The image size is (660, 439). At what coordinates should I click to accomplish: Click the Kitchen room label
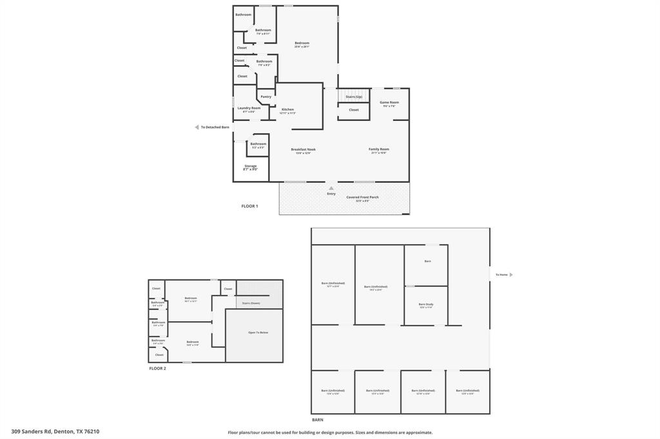[x=287, y=109]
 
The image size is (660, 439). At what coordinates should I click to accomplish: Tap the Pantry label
[x=266, y=97]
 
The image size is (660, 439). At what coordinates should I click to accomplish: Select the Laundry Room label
[x=249, y=108]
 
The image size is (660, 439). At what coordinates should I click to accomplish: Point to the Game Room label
[x=389, y=102]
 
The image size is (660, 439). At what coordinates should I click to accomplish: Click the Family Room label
[x=379, y=149]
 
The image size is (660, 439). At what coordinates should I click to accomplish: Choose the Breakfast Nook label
[x=303, y=149]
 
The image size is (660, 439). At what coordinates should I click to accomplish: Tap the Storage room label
[x=250, y=167]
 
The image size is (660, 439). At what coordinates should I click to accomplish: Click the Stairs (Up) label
[x=354, y=97]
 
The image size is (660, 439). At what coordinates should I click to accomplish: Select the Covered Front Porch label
[x=362, y=198]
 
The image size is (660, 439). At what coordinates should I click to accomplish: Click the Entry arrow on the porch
[x=331, y=189]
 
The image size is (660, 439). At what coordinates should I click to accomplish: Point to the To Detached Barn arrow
[x=197, y=127]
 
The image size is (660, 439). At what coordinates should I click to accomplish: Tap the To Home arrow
[x=511, y=275]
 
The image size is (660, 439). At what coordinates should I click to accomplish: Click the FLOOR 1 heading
[x=249, y=206]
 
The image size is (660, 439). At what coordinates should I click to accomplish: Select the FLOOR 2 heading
[x=157, y=368]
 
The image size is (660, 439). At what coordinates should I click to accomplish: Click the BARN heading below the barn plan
[x=317, y=420]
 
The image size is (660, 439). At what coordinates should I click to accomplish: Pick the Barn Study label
[x=426, y=304]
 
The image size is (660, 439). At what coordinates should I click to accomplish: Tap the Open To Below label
[x=258, y=332]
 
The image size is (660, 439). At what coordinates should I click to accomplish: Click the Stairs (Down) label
[x=251, y=303]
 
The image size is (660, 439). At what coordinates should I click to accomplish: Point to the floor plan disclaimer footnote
[x=330, y=433]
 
